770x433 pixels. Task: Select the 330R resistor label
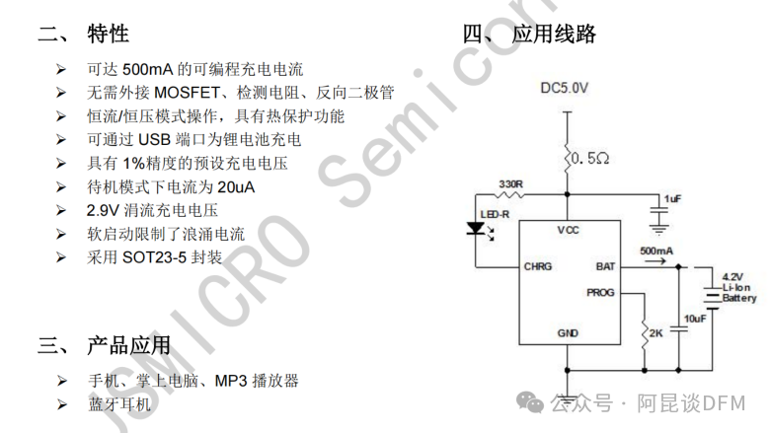(510, 184)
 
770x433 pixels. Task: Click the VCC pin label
(568, 230)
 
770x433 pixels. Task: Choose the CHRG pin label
(538, 266)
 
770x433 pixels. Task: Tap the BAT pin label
(605, 266)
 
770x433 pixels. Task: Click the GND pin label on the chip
(568, 333)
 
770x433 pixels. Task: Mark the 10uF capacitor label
(695, 318)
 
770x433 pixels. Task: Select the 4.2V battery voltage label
(732, 276)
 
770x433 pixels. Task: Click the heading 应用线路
(554, 35)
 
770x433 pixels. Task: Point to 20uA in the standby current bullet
(238, 187)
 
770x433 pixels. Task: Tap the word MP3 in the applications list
(230, 381)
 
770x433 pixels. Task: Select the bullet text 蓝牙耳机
(118, 404)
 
